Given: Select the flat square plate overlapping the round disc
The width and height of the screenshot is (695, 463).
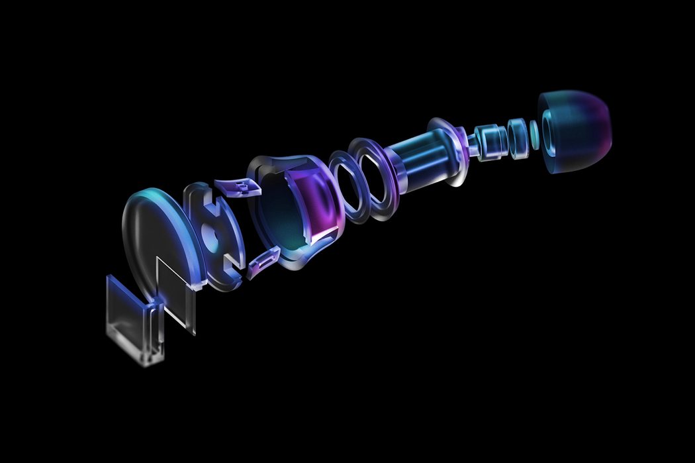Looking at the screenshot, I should [x=177, y=291].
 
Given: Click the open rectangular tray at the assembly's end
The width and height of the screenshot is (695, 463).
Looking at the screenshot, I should [x=132, y=318].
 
